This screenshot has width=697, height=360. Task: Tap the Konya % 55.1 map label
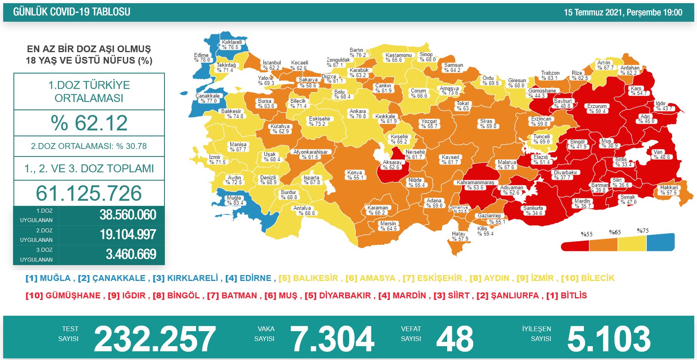click(x=355, y=175)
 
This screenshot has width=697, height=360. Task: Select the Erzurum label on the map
click(x=597, y=109)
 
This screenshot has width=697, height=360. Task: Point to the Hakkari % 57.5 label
click(x=669, y=190)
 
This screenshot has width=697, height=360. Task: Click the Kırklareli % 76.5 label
click(x=232, y=45)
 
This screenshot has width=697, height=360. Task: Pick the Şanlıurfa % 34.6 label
click(x=533, y=211)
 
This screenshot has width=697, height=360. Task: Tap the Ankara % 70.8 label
click(x=358, y=114)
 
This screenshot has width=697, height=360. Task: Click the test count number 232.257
click(x=155, y=339)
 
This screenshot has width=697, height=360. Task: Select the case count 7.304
click(x=332, y=339)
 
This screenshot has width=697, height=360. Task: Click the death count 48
click(x=455, y=339)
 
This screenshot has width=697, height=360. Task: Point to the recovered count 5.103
click(x=609, y=339)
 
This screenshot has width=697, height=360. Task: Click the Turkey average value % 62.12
click(x=89, y=123)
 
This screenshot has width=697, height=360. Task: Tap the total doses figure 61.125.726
click(x=89, y=193)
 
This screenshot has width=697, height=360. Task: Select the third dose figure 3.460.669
click(x=131, y=254)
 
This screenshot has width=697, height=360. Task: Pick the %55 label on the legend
click(x=587, y=234)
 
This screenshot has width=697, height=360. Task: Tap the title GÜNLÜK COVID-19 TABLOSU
click(x=72, y=12)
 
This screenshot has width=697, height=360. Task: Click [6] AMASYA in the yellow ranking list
click(x=370, y=278)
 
